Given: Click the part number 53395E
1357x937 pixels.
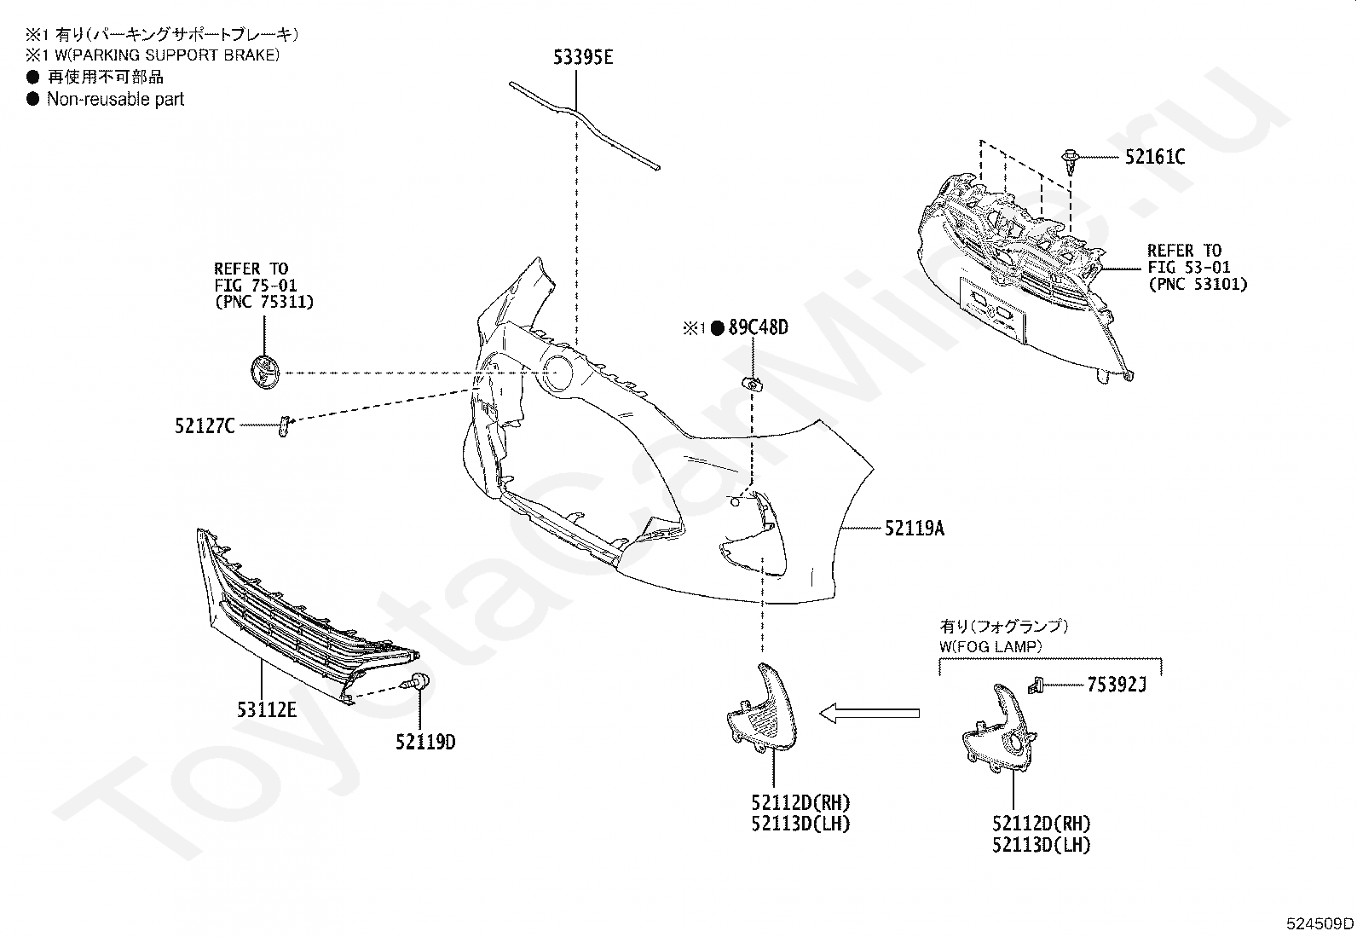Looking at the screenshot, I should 583,58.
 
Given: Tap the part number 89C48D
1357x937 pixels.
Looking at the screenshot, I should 758,327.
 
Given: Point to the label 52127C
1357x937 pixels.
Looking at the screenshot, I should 205,425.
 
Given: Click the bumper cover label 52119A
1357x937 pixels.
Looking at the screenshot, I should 914,529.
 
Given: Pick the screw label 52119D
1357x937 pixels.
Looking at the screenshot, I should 424,742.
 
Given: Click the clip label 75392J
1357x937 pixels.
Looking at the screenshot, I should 1117,684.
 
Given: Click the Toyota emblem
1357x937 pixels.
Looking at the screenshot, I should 264,373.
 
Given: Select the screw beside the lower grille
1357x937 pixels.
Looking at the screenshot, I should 419,681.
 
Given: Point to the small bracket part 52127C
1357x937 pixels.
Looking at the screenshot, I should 284,425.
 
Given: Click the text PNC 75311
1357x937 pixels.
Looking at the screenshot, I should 263,302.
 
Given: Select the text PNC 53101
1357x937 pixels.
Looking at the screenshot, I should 1197,284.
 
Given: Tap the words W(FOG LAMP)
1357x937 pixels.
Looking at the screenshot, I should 990,645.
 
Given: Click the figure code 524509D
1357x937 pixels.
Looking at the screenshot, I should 1320,923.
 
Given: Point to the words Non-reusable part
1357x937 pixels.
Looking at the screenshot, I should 115,99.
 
